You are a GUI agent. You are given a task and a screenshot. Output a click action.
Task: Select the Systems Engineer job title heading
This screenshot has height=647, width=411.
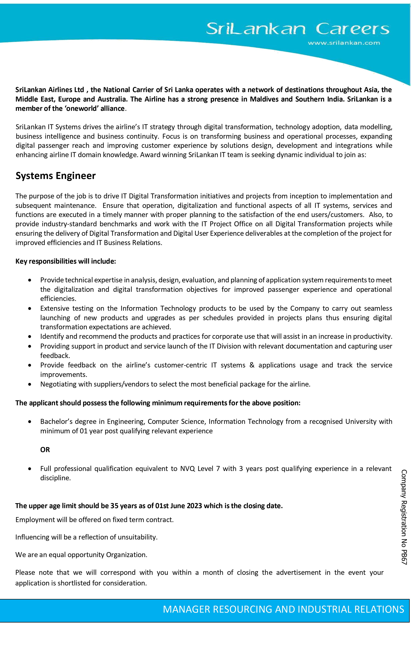55,176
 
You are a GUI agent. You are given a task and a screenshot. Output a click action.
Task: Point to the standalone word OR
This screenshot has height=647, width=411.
45,450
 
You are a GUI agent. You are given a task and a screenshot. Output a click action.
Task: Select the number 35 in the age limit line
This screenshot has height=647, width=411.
114,506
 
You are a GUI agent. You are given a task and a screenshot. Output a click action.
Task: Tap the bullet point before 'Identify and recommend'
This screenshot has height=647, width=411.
30,337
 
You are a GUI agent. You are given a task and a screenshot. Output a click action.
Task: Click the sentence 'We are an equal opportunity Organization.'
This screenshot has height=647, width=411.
81,555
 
